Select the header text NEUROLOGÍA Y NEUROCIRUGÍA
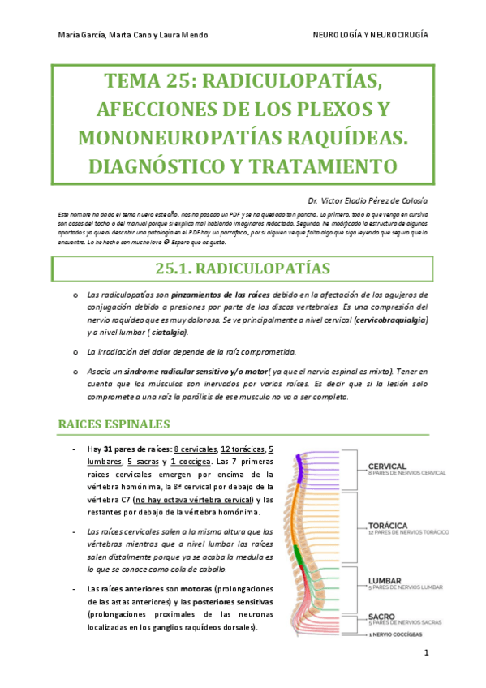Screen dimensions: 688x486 (371, 36)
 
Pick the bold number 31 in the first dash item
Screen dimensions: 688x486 (108, 449)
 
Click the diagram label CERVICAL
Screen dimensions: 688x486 (387, 466)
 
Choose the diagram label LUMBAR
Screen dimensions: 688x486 (384, 580)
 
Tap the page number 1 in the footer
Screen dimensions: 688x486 (426, 652)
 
